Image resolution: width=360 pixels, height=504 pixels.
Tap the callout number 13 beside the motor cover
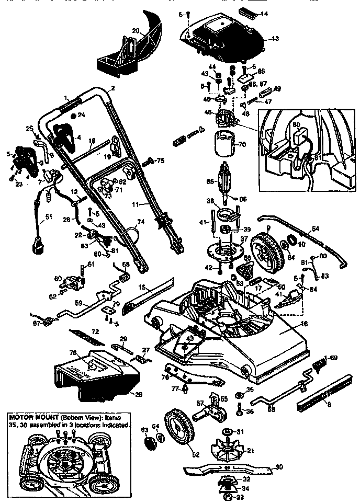point(276,38)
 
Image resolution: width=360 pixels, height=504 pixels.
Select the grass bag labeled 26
point(94,374)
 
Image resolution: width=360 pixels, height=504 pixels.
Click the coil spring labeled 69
point(318,361)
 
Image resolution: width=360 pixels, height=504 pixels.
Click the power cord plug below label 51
point(37,245)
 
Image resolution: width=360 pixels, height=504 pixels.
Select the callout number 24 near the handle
point(81,115)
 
